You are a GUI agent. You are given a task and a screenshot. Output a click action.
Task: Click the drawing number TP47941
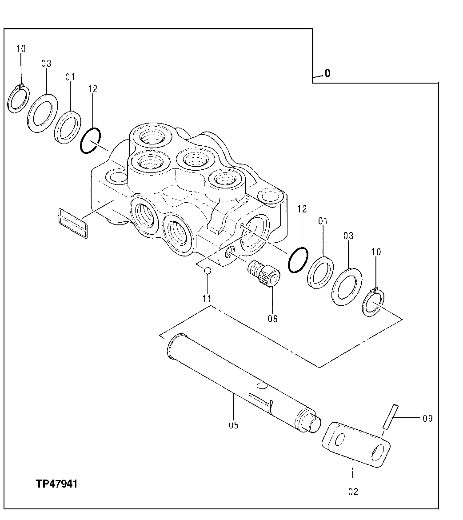(x=57, y=484)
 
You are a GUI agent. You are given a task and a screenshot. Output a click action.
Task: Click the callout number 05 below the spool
(x=234, y=425)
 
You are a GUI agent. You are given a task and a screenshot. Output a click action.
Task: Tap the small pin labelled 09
(x=389, y=416)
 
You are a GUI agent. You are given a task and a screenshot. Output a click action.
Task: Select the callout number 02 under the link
(x=354, y=492)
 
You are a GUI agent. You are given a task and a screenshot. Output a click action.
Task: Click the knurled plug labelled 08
(x=265, y=275)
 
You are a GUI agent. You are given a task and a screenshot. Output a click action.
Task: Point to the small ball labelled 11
(x=207, y=271)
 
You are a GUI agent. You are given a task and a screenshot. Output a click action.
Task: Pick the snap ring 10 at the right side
(x=374, y=303)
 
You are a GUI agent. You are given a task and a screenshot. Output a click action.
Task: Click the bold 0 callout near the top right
(x=327, y=74)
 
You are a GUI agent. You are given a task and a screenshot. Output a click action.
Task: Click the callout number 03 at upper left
(x=47, y=64)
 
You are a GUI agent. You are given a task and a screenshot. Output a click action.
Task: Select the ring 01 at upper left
(x=68, y=127)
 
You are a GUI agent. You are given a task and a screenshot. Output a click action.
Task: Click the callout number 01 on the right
(x=323, y=220)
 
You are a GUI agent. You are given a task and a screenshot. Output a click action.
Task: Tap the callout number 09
(x=427, y=418)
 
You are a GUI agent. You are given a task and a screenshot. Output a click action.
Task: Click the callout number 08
(x=272, y=319)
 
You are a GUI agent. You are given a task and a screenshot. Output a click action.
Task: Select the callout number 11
(x=207, y=299)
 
